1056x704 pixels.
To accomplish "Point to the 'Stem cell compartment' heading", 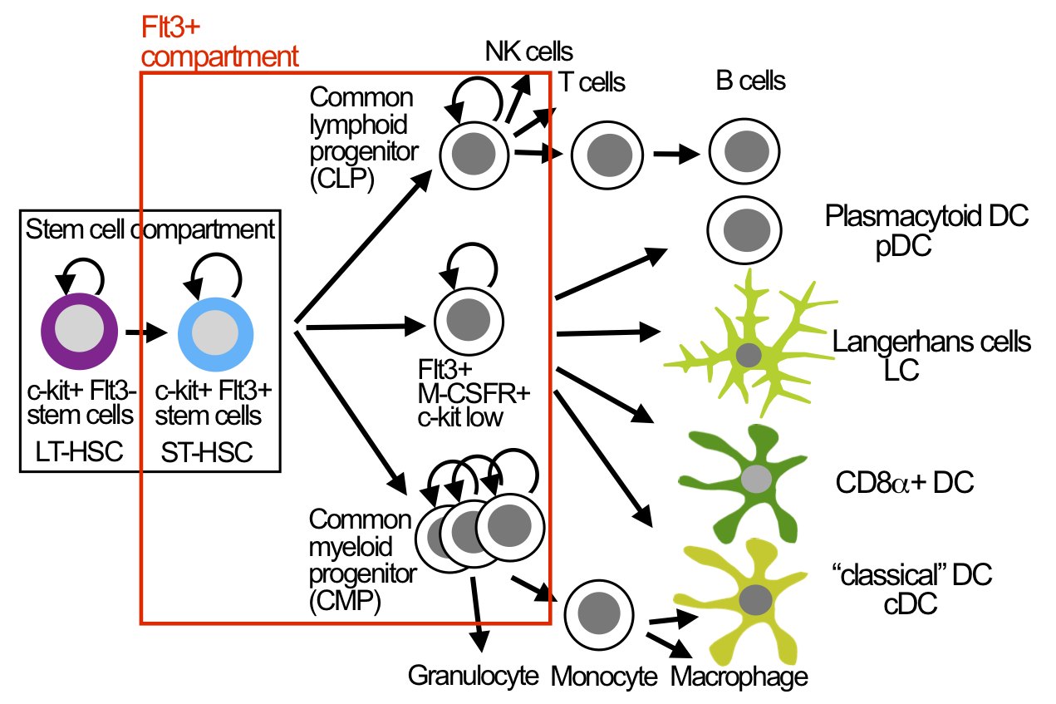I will tap(150, 230).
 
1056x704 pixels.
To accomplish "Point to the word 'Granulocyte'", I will tap(472, 676).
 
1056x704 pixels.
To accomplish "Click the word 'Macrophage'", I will tap(739, 676).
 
